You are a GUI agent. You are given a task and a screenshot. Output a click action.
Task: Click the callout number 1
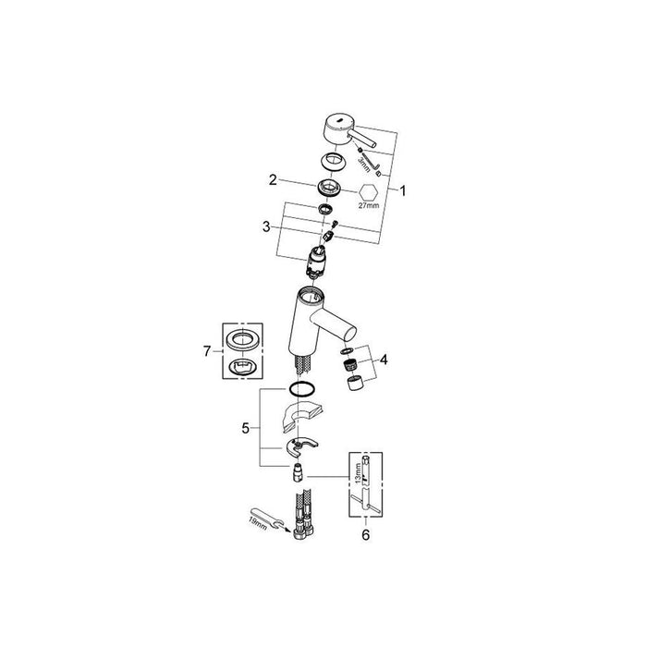[x=403, y=190]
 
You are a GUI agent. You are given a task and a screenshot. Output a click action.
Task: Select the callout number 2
[x=273, y=180]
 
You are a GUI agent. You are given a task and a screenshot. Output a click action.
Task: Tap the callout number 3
[x=266, y=226]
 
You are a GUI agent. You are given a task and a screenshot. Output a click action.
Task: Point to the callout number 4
[x=384, y=360]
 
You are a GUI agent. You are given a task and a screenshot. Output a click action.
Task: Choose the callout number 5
[x=246, y=429]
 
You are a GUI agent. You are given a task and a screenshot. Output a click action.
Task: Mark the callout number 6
[x=366, y=535]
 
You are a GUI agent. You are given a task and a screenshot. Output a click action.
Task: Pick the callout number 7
[x=207, y=351]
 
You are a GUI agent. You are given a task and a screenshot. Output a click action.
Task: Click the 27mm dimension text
[x=369, y=205]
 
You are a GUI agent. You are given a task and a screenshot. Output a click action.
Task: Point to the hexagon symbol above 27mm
[x=369, y=191]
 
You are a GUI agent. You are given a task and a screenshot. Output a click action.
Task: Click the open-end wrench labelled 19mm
[x=268, y=519]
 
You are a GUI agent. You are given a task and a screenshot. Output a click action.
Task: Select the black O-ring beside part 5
[x=302, y=389]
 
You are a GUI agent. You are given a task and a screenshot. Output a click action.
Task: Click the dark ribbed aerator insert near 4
[x=350, y=365]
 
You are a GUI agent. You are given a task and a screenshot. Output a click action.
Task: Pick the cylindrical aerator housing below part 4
[x=354, y=384]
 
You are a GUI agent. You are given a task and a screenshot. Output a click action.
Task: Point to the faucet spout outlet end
[x=350, y=332]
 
